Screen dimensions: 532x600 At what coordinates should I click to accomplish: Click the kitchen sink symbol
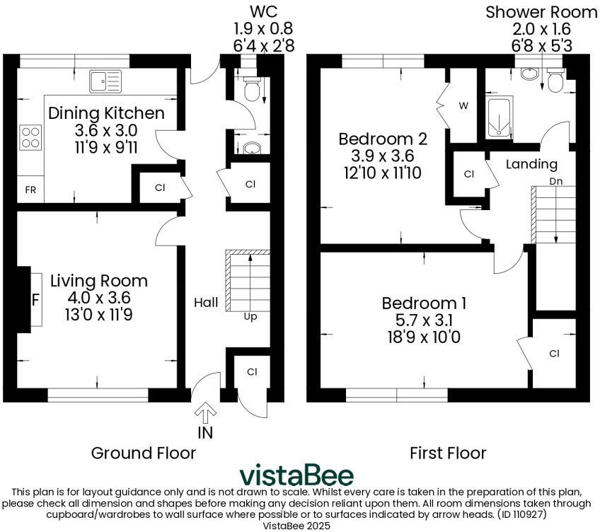[x=105, y=81]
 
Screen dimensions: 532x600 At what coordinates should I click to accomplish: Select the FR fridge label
[x=30, y=190]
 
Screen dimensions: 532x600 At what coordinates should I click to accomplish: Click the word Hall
[x=206, y=302]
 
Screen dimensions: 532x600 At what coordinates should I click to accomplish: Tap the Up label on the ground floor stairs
[x=250, y=316]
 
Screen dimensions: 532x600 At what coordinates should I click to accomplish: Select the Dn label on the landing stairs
[x=556, y=181]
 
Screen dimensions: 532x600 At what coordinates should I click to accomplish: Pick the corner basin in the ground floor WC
[x=250, y=149]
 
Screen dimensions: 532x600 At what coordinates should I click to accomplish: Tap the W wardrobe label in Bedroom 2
[x=463, y=106]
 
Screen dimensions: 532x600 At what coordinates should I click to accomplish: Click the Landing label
[x=532, y=164]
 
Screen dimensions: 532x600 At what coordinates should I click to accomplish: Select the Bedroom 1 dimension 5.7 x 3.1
[x=424, y=320]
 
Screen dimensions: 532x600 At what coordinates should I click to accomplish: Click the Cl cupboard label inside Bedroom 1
[x=553, y=353]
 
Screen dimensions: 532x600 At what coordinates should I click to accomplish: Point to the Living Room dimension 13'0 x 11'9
[x=98, y=315]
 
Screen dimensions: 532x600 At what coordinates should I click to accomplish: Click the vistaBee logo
[x=296, y=475]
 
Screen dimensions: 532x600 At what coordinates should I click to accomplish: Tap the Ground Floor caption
[x=143, y=452]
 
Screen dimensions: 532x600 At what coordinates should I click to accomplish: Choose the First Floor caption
[x=448, y=452]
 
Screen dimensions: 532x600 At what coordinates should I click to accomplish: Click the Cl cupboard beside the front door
[x=252, y=371]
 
